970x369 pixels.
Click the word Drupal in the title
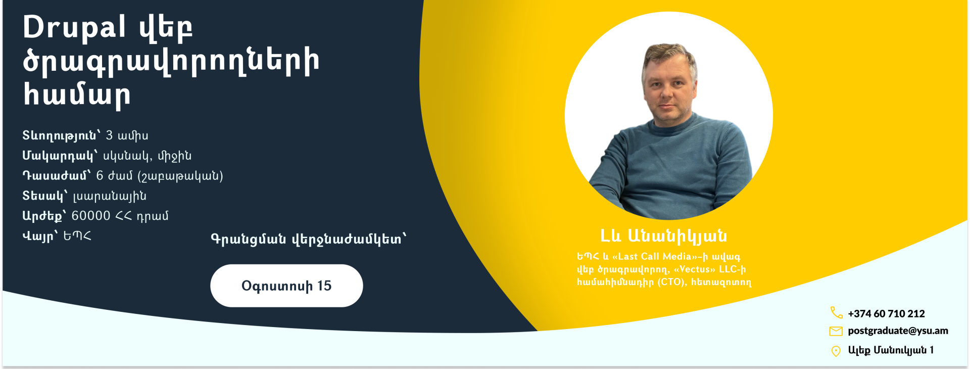tap(74, 27)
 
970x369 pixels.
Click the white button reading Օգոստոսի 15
tap(286, 286)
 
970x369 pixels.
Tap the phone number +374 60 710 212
tap(886, 313)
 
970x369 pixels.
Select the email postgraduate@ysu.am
tap(898, 331)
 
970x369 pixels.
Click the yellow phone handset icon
tap(836, 313)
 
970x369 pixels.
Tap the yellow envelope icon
tap(836, 331)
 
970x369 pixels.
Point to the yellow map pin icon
tap(836, 351)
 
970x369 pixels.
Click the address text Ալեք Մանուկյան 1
tap(891, 350)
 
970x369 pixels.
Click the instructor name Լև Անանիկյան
tap(663, 236)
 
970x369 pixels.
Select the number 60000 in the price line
tap(91, 216)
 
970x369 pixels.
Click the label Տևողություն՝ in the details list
tap(61, 136)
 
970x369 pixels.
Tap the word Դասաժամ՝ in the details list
tap(57, 175)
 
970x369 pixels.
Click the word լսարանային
tap(110, 196)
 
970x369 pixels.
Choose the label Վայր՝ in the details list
tap(40, 236)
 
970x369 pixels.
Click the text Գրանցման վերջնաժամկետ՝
tap(309, 239)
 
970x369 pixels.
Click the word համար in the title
tap(77, 95)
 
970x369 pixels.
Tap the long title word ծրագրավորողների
tap(171, 62)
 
